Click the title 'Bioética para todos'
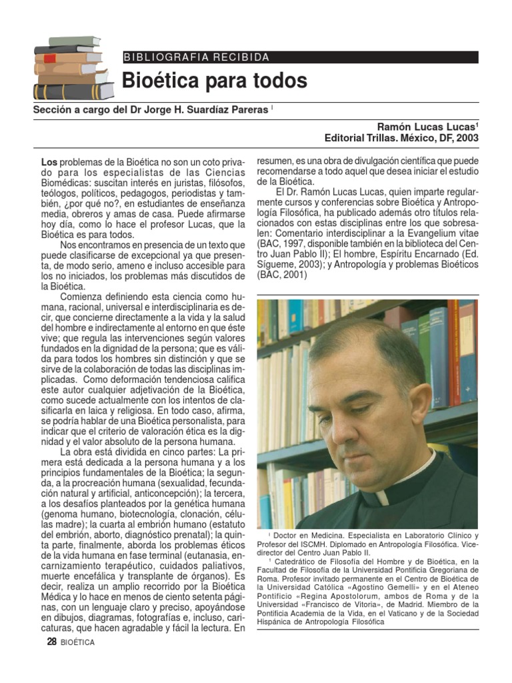pos(214,81)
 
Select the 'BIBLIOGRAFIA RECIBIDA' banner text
pos(197,57)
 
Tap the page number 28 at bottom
pos(51,642)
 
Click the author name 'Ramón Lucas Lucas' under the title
pos(427,126)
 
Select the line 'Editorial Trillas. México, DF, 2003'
pos(401,138)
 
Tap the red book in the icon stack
pos(49,59)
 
